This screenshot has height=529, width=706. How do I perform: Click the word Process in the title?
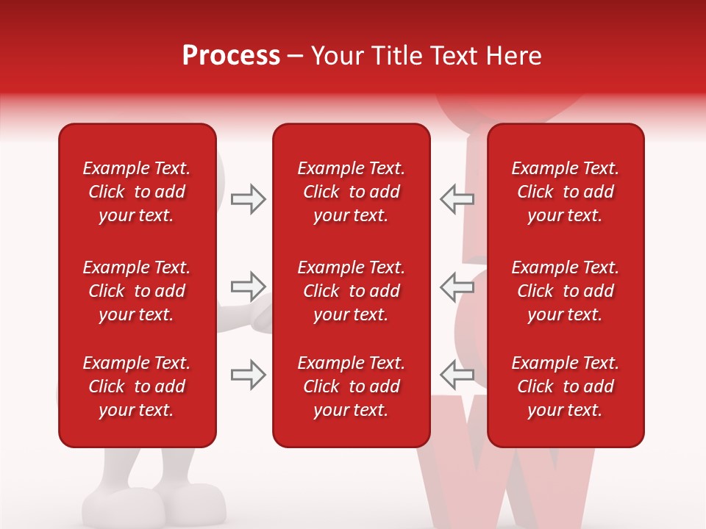[231, 56]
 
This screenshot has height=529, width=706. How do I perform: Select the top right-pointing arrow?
[248, 199]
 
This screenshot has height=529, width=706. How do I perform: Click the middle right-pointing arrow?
[248, 286]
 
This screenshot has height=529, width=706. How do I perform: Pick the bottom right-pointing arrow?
[248, 375]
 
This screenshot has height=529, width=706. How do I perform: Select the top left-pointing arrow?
[457, 199]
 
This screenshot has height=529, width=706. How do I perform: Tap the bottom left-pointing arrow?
[457, 375]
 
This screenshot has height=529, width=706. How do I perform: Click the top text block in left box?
[137, 192]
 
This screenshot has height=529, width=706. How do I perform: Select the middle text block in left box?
[137, 291]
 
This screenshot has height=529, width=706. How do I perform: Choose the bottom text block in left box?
[137, 386]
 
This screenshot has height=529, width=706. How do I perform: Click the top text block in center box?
[351, 192]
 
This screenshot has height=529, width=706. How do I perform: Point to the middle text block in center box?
[351, 291]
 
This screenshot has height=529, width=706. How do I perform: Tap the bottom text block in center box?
[351, 386]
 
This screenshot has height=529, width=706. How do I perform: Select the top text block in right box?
[565, 192]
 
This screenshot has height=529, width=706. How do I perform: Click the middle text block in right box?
[565, 291]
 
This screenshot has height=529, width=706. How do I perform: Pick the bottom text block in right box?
[565, 386]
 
